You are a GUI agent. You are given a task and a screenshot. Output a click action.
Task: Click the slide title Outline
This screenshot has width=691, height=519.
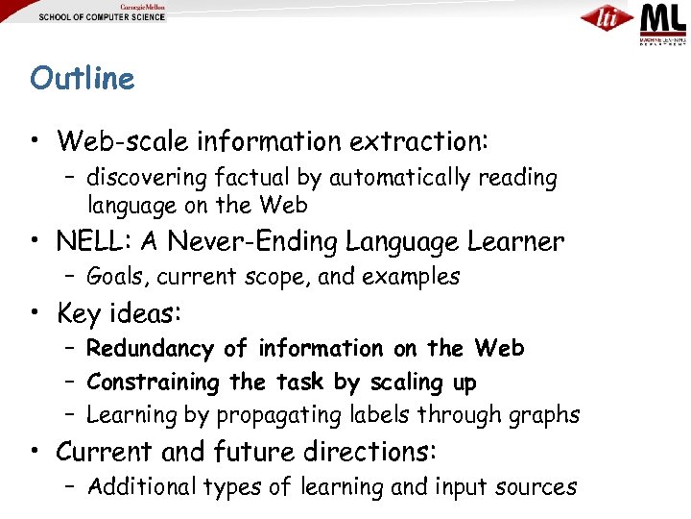[83, 78]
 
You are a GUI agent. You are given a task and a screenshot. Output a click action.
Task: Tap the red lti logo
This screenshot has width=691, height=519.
[607, 18]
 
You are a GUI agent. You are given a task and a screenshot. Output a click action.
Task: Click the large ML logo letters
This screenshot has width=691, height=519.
[663, 18]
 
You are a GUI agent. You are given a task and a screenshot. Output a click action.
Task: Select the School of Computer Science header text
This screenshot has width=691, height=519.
[102, 17]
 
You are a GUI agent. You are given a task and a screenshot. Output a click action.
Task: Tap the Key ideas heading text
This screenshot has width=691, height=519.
[118, 313]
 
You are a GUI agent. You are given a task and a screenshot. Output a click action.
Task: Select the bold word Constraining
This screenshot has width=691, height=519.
[154, 382]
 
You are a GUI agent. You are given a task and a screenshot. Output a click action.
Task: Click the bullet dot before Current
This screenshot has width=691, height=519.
[36, 451]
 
